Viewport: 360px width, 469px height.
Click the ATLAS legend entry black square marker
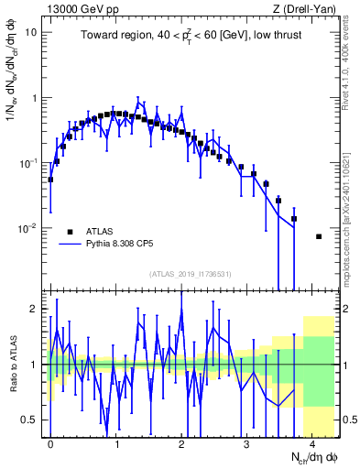coord(70,231)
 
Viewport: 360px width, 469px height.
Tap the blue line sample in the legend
coord(70,245)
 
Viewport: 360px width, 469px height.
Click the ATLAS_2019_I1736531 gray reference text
coord(191,273)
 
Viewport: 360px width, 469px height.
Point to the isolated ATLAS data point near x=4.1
coord(319,236)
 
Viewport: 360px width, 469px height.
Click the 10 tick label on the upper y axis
coord(31,32)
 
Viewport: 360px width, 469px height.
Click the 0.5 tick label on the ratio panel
coord(30,420)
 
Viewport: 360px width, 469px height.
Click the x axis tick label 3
coord(246,442)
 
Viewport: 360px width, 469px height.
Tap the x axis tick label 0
coord(50,442)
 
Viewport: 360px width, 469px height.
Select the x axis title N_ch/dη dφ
coord(314,457)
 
